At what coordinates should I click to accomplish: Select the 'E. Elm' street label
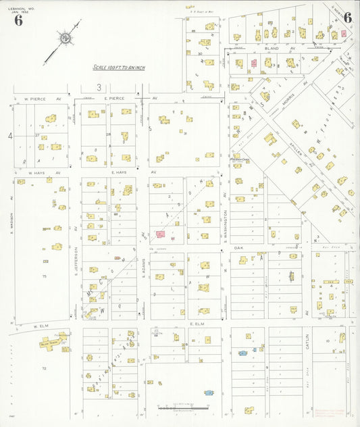point(197,324)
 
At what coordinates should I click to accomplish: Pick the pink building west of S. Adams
point(161,234)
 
